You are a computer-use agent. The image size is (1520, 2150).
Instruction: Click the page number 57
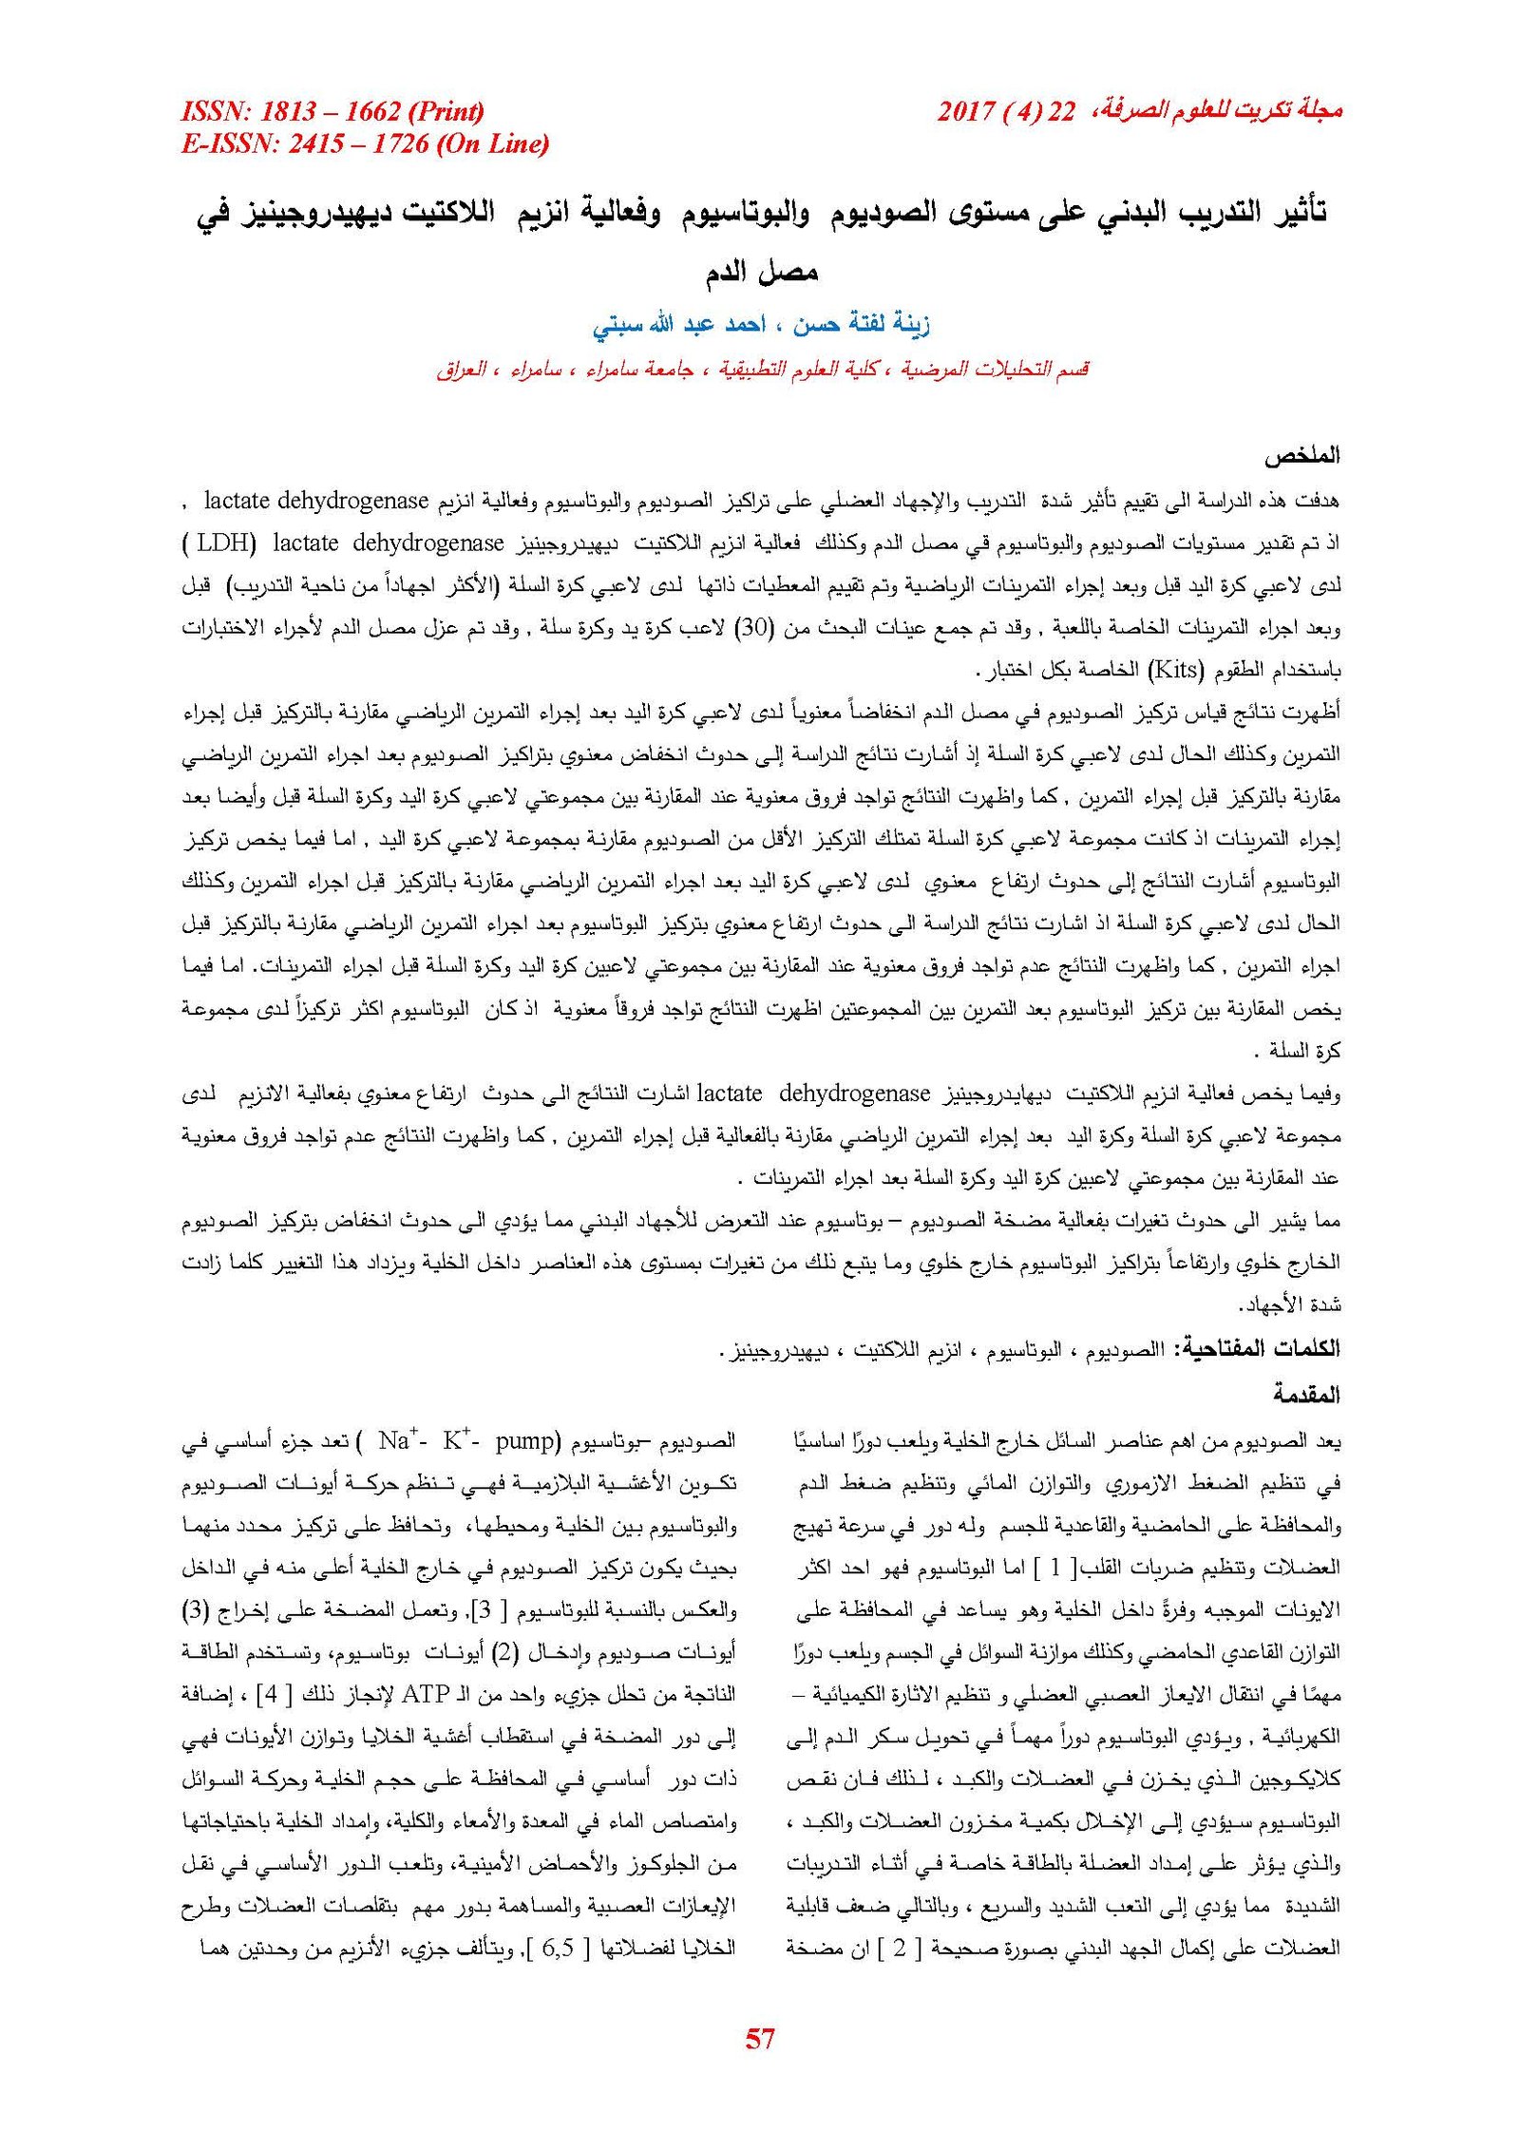[x=760, y=2038]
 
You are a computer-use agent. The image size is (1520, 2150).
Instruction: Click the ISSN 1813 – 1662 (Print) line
[x=332, y=112]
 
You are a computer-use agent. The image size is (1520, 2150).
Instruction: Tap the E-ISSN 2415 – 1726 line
[x=365, y=144]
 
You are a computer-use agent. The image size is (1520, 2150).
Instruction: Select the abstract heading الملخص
[x=1301, y=456]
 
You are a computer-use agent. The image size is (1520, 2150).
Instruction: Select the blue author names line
[x=760, y=325]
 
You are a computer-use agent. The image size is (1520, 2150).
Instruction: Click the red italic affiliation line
[x=760, y=369]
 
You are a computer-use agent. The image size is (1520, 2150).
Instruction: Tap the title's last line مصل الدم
[x=760, y=274]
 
